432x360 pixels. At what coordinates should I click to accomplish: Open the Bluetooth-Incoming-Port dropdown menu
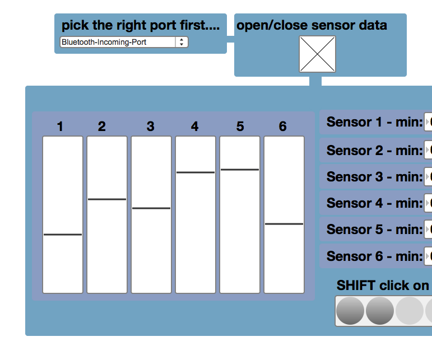[x=124, y=42]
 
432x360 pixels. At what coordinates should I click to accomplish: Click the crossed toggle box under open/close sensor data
[x=317, y=54]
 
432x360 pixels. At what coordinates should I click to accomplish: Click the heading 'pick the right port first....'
[x=140, y=25]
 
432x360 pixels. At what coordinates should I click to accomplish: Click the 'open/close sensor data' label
[x=312, y=25]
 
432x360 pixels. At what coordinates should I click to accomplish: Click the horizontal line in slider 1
[x=63, y=235]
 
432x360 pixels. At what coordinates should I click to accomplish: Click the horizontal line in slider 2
[x=107, y=199]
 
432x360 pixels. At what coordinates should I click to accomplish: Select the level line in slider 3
[x=151, y=208]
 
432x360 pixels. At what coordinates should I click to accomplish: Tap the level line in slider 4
[x=196, y=172]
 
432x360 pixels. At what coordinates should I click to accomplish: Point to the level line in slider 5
[x=240, y=169]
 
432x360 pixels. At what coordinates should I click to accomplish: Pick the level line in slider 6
[x=284, y=224]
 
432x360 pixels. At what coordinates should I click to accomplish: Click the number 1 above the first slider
[x=60, y=127]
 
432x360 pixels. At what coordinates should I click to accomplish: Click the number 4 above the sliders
[x=194, y=127]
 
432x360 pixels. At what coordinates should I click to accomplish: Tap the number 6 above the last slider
[x=282, y=127]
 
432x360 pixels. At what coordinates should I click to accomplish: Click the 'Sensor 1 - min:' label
[x=374, y=122]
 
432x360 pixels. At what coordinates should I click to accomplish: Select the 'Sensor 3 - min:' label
[x=374, y=177]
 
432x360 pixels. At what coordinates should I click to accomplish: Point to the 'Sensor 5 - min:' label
[x=374, y=230]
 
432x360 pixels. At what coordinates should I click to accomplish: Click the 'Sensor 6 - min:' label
[x=374, y=256]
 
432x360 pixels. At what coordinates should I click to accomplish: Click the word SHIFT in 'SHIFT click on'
[x=356, y=286]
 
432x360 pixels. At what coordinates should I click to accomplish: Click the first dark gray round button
[x=350, y=311]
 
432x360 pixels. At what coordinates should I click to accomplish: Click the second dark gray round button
[x=380, y=311]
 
